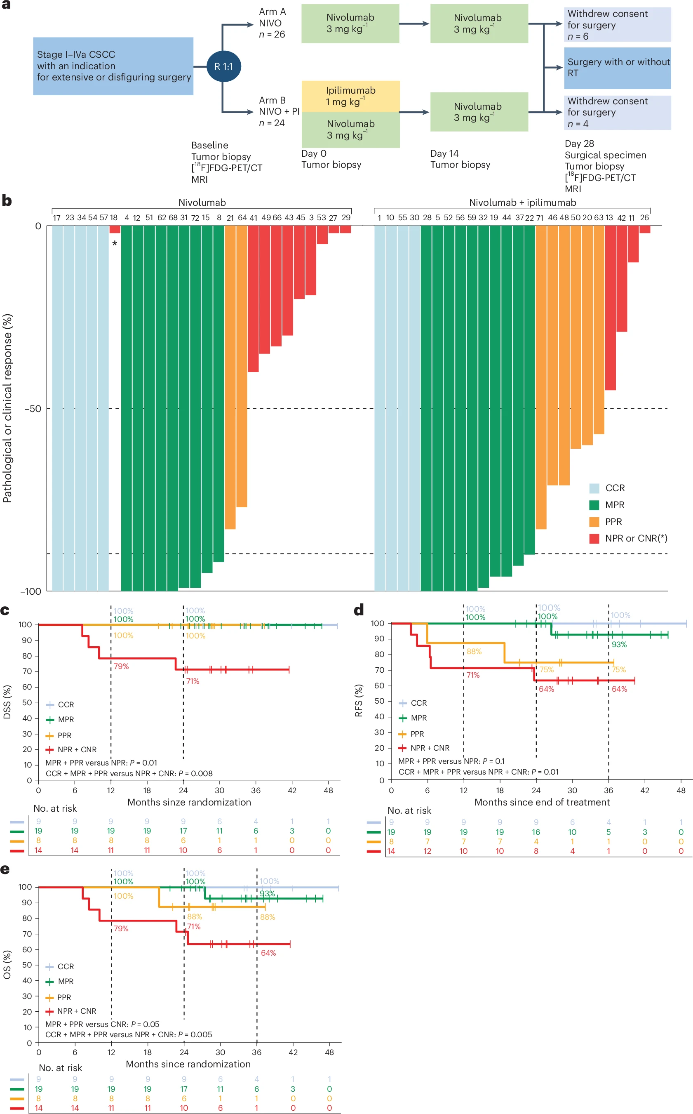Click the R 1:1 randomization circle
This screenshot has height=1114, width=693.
point(224,66)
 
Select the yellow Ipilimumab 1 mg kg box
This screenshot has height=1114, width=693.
point(351,96)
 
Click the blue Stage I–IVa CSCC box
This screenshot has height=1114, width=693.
point(113,66)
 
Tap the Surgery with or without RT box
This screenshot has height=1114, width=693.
point(618,68)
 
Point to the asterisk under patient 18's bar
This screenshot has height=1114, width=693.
point(115,243)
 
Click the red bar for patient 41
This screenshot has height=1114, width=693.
point(253,298)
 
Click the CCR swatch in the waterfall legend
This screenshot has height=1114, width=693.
point(594,488)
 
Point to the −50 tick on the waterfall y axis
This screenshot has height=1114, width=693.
point(33,408)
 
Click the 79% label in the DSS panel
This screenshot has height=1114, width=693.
point(122,666)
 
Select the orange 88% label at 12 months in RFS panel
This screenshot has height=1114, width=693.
point(474,651)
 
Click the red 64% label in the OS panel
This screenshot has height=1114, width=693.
point(268,953)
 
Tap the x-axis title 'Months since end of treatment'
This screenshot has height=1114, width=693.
point(542,802)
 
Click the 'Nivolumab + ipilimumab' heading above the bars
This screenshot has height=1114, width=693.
point(522,202)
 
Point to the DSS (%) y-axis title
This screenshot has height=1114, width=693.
point(7,702)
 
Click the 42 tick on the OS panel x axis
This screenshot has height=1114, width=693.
point(293,1052)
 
